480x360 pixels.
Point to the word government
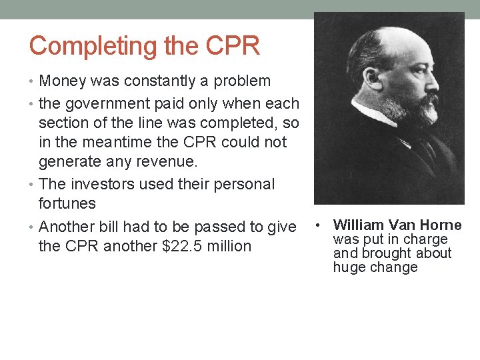(103, 104)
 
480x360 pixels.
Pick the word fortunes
(67, 203)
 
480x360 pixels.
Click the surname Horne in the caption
(440, 225)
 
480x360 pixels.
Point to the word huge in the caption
(347, 267)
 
